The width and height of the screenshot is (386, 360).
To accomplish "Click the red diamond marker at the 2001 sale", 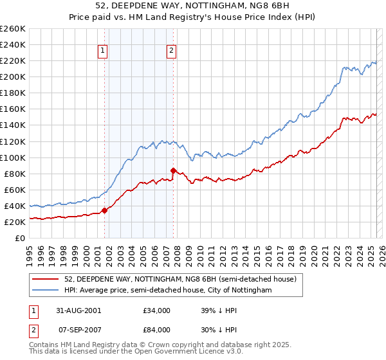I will pos(104,210).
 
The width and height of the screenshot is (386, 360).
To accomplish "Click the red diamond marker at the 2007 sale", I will pos(173,170).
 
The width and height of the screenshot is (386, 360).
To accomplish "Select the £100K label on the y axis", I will pos(13,157).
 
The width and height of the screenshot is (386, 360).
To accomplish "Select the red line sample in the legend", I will pos(46,279).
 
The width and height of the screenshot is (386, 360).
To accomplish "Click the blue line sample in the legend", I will pos(46,291).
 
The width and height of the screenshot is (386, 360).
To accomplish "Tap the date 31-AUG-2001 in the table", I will pos(78,310).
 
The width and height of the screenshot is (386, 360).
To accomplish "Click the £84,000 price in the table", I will pos(156,330).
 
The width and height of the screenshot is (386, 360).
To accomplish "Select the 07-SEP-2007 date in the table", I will pos(78,330).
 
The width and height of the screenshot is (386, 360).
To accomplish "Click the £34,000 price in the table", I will pos(156,310).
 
